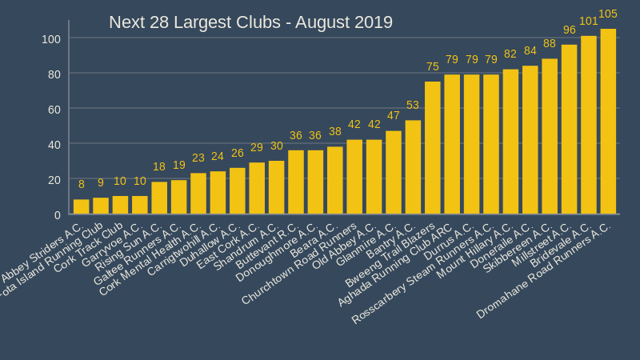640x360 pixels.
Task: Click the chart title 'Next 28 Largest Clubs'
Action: tap(250, 22)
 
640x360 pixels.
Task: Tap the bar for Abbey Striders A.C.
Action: tap(81, 207)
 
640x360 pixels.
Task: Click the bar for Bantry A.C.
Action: tap(413, 168)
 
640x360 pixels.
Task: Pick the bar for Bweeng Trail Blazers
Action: tap(432, 148)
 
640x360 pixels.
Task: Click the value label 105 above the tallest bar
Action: tap(608, 14)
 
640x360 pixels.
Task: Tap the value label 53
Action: tap(413, 105)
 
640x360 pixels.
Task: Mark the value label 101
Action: tap(589, 21)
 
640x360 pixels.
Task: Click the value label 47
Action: tap(394, 115)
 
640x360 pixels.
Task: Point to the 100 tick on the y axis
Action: tap(51, 38)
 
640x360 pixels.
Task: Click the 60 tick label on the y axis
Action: tap(54, 109)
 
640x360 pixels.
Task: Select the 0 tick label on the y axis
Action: tap(58, 215)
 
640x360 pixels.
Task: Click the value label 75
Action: tap(432, 66)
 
